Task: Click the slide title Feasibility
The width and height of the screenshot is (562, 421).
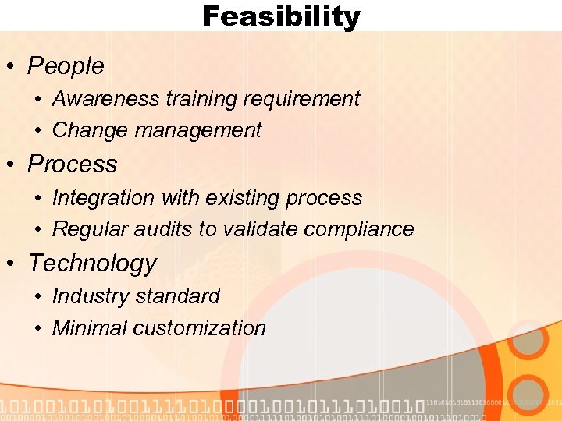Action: (x=281, y=16)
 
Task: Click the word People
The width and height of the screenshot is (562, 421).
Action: (x=66, y=66)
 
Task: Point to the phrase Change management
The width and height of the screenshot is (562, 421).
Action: (x=157, y=130)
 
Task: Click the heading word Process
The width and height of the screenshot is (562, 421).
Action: (x=73, y=165)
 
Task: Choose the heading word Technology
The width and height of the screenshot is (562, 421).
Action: (x=92, y=264)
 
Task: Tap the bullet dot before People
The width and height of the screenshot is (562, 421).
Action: (x=12, y=67)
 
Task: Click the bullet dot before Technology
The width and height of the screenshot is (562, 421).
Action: (x=12, y=264)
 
